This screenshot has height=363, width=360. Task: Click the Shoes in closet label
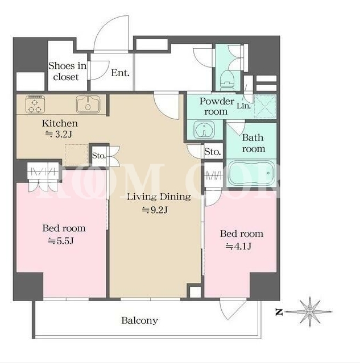pyautogui.click(x=67, y=72)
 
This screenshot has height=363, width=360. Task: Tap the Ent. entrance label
pyautogui.click(x=120, y=73)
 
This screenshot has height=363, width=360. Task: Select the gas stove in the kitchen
pyautogui.click(x=35, y=105)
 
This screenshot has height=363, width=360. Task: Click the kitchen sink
pyautogui.click(x=88, y=105)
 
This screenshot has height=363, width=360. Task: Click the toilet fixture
pyautogui.click(x=227, y=80)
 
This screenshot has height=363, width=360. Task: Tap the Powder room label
pyautogui.click(x=217, y=106)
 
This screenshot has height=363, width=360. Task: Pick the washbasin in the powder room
pyautogui.click(x=204, y=130)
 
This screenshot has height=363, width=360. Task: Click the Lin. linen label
pyautogui.click(x=243, y=106)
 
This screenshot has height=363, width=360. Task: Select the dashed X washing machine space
pyautogui.click(x=265, y=106)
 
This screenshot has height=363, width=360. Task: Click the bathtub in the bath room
pyautogui.click(x=251, y=173)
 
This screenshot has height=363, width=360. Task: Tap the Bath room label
pyautogui.click(x=253, y=143)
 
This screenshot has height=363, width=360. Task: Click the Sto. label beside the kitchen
pyautogui.click(x=99, y=156)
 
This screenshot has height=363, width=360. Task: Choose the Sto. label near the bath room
pyautogui.click(x=212, y=152)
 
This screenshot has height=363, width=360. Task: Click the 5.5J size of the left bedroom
pyautogui.click(x=61, y=241)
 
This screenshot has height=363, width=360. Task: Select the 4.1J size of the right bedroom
pyautogui.click(x=238, y=247)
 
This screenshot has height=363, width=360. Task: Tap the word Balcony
pyautogui.click(x=140, y=320)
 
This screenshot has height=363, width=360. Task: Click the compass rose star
pyautogui.click(x=310, y=312)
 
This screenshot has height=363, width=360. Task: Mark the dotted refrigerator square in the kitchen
pyautogui.click(x=76, y=155)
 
